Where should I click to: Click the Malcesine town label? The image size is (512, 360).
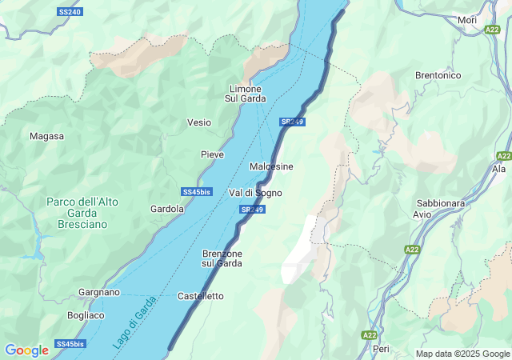pos(271,166)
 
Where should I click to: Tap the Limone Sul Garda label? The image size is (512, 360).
pos(246,94)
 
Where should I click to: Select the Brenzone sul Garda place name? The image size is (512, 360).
pos(222,258)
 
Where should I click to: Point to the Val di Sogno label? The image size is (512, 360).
pos(255,193)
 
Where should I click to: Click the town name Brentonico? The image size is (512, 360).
pos(438,75)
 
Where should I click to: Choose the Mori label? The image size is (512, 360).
pos(466,20)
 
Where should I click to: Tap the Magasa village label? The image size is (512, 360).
pos(46,136)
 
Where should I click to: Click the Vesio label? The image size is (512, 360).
pos(199,122)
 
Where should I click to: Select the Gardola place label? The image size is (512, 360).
pos(167,209)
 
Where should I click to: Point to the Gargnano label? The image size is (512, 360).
pos(99,293)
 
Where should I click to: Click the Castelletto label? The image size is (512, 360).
pos(200,296)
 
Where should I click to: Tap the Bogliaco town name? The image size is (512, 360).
pos(86,315)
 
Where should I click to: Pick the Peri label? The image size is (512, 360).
pos(382,349)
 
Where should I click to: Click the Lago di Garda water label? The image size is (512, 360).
pos(133,328)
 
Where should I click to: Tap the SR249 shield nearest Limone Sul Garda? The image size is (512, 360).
pos(291,122)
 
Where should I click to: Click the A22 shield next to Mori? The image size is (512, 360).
pos(492,30)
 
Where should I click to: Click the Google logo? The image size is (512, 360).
pos(26,350)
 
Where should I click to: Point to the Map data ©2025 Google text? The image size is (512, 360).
pos(462,354)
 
